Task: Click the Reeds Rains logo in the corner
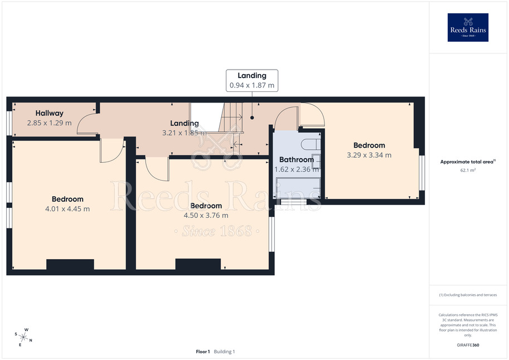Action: click(x=468, y=27)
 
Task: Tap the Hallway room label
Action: click(x=50, y=113)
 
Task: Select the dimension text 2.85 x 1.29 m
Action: click(x=50, y=123)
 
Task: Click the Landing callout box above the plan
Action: click(x=252, y=80)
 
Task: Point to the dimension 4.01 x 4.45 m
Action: click(x=67, y=209)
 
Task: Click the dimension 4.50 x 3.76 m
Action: click(x=206, y=216)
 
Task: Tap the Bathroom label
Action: click(x=297, y=160)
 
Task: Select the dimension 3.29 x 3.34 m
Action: click(x=369, y=155)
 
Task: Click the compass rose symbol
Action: click(x=23, y=338)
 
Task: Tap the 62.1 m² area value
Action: click(x=468, y=170)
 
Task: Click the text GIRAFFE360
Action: click(x=468, y=345)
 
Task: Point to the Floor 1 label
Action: click(x=203, y=352)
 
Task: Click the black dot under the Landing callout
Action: click(x=252, y=118)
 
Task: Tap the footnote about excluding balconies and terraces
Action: click(x=468, y=295)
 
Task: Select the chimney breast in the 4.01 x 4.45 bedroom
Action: click(x=70, y=264)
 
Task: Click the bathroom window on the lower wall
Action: click(x=293, y=202)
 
